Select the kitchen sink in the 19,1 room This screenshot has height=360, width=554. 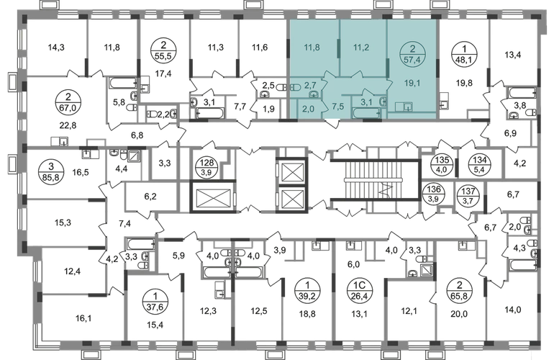408,107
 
